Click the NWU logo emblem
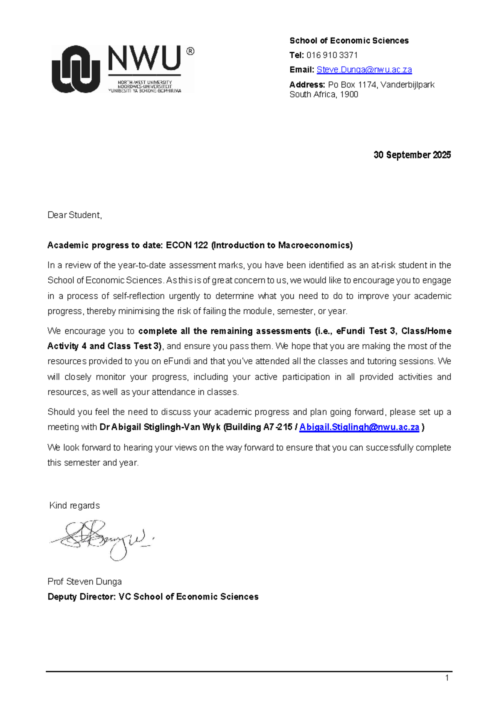(76, 69)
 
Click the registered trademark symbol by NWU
(190, 51)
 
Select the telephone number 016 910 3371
(332, 55)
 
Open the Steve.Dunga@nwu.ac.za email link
(364, 70)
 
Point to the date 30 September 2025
(412, 155)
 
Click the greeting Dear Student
(74, 215)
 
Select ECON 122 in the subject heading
(187, 245)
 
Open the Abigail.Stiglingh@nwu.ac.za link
(359, 427)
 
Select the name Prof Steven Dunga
(84, 582)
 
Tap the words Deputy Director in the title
(81, 597)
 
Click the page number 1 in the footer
(447, 678)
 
